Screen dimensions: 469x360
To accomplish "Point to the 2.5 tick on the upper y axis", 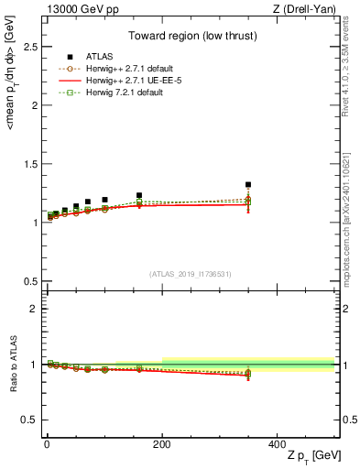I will (x=30, y=46).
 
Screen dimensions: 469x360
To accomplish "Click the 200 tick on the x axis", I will (x=162, y=443).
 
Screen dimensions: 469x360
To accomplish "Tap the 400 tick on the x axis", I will (x=278, y=443).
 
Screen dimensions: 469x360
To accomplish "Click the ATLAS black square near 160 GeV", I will (x=139, y=195).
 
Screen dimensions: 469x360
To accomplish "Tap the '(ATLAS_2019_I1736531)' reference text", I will (x=190, y=273).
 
